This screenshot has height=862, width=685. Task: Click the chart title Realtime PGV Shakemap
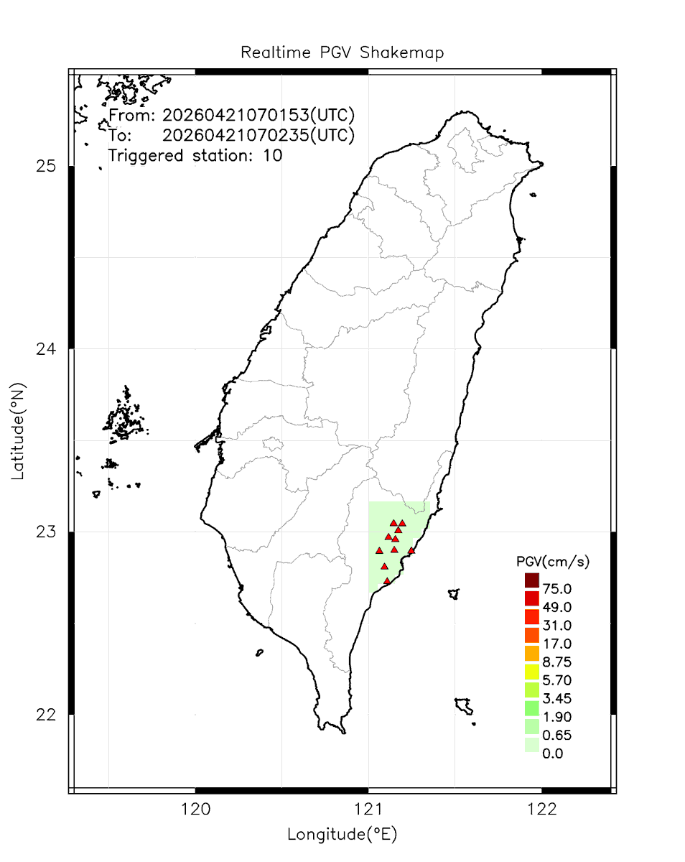[342, 52]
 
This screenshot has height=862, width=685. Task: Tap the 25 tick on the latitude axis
[46, 167]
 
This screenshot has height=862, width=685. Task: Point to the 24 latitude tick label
[46, 349]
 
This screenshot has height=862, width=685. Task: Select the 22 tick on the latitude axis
[46, 715]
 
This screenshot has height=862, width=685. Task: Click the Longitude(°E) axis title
[342, 834]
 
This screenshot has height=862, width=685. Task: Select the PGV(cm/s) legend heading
[553, 562]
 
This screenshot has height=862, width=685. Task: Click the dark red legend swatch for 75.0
[531, 580]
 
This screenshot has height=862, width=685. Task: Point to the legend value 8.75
[557, 662]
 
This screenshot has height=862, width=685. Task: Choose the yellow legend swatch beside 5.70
[531, 672]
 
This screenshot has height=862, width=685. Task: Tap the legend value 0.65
[557, 735]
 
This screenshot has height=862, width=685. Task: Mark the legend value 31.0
[557, 625]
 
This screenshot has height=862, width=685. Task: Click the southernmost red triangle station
[387, 581]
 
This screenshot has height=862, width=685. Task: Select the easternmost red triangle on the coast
[411, 551]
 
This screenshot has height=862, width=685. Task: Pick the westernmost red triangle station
[379, 551]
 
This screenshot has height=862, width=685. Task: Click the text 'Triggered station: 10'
[195, 155]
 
